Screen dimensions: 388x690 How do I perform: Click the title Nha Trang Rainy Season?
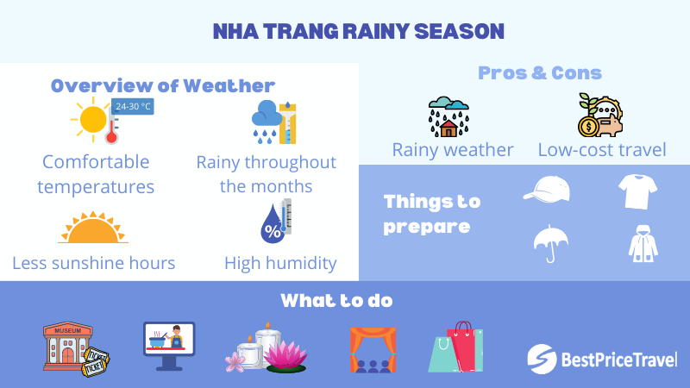(358, 32)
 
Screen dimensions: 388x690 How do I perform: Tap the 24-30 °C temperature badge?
(132, 107)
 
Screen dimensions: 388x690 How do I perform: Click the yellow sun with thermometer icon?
(93, 121)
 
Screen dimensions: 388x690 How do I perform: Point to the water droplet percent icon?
(276, 221)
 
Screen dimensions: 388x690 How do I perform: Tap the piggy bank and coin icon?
(599, 116)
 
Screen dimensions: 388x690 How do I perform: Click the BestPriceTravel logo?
(601, 358)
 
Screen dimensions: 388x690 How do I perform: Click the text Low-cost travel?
(601, 150)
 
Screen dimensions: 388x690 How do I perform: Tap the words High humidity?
(280, 263)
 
